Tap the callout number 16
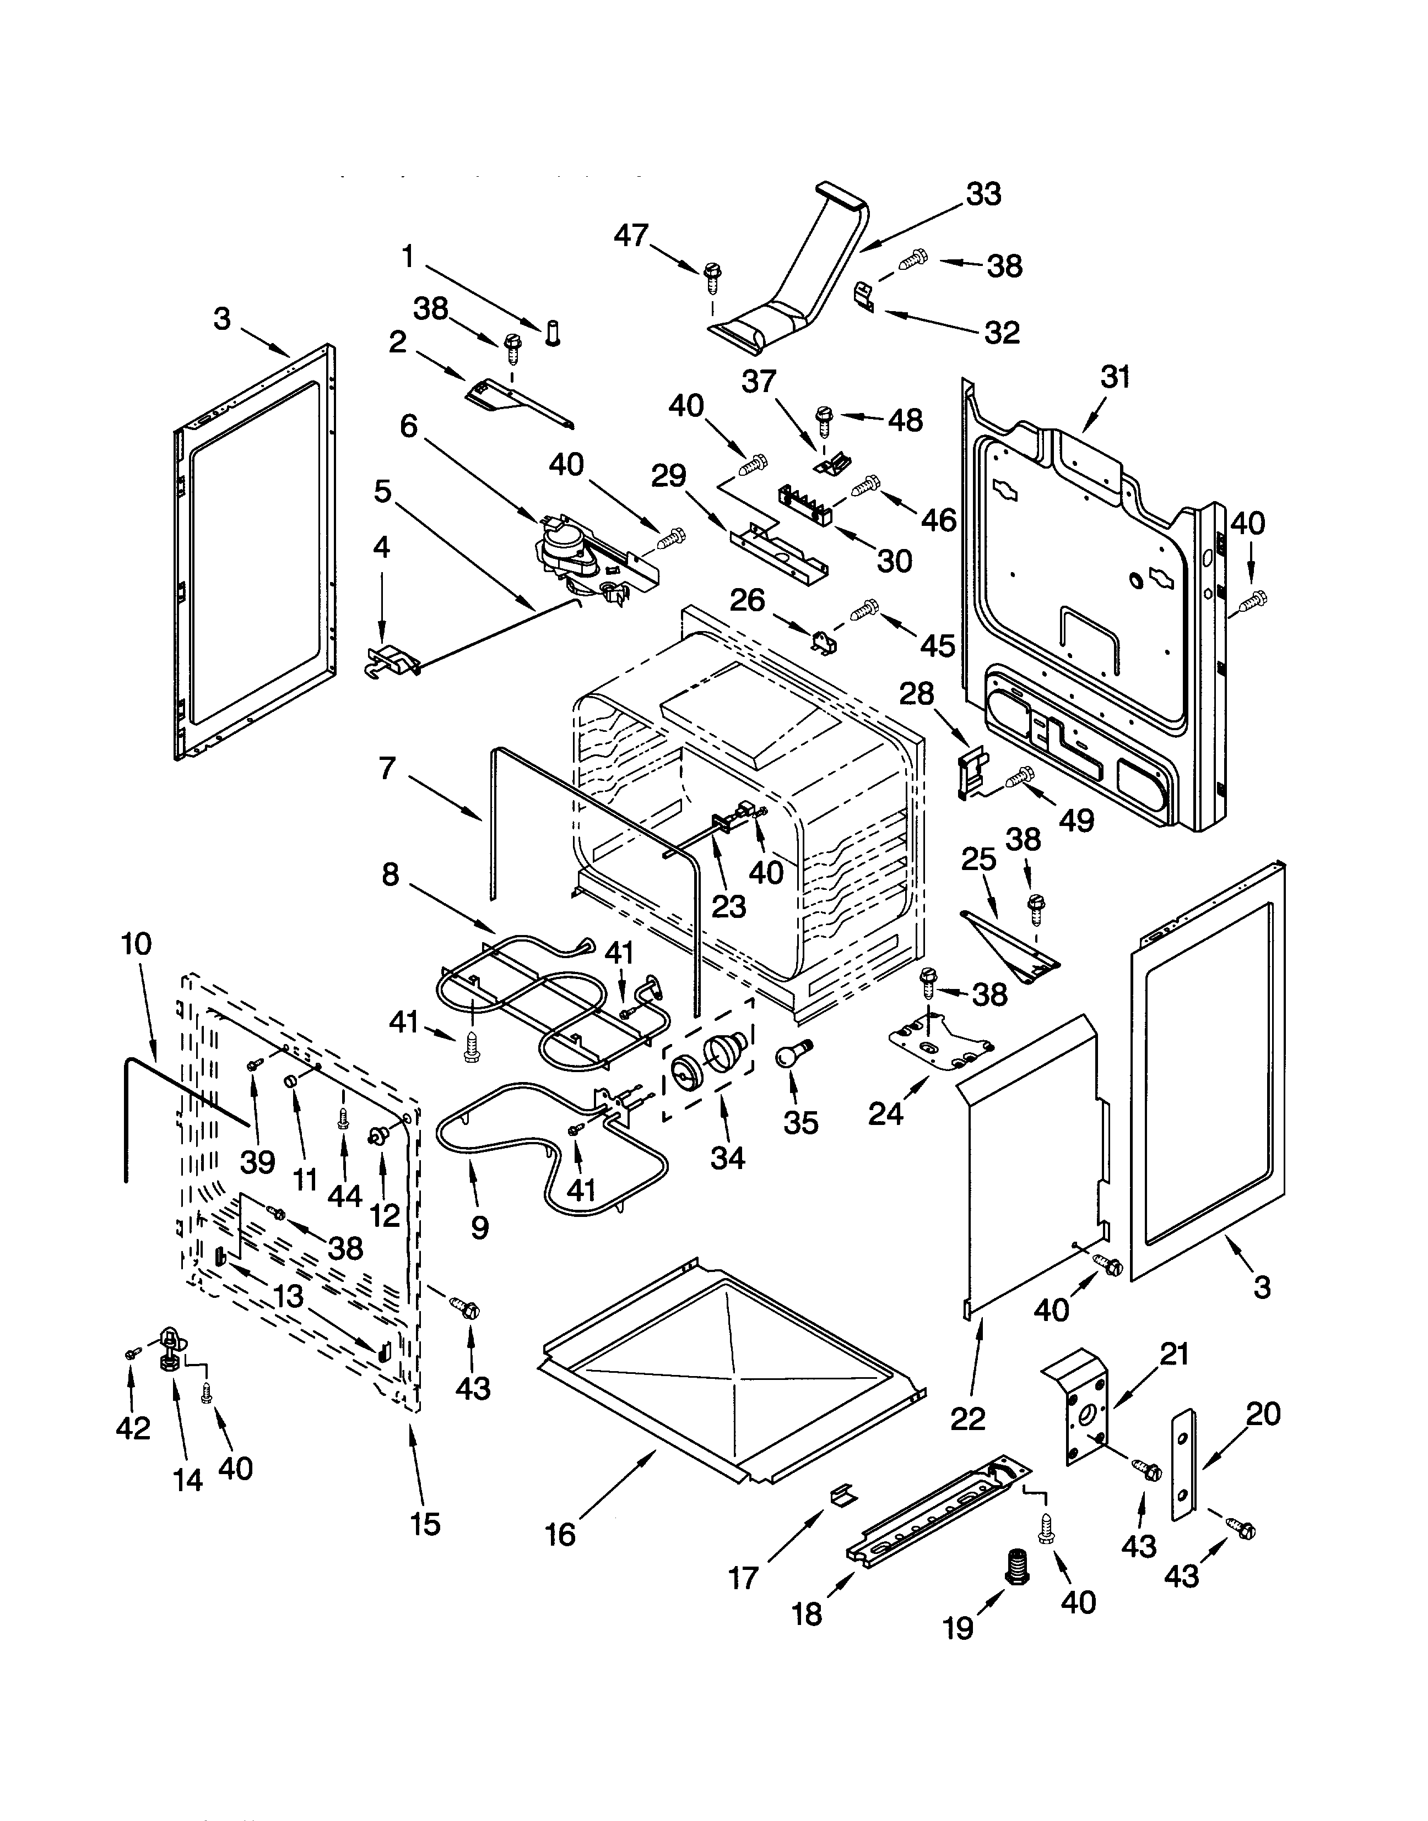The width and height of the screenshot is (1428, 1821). (560, 1534)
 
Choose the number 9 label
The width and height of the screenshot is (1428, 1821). (479, 1227)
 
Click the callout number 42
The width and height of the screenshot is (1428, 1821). (132, 1428)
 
